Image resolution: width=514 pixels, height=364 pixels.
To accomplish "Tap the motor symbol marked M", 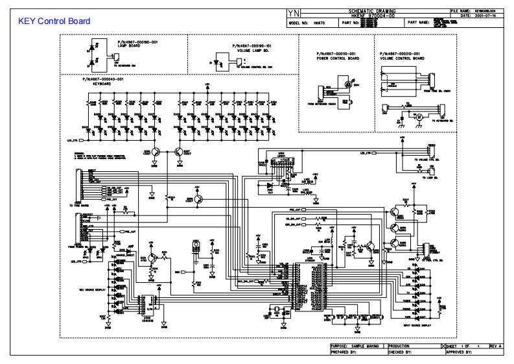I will point(418,116).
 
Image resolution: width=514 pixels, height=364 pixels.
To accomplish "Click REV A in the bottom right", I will point(496,347).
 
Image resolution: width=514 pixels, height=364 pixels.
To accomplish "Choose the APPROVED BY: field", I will point(460,353).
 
